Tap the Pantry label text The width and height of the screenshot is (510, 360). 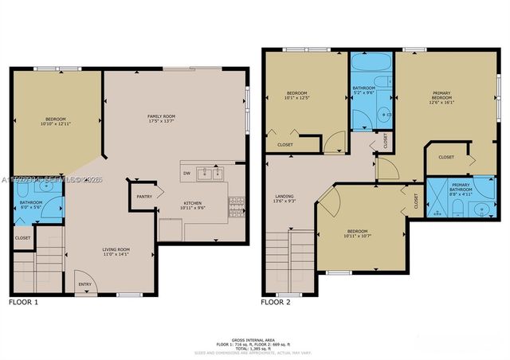(143, 196)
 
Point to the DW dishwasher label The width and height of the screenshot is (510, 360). (186, 173)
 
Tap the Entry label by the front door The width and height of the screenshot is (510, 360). (84, 284)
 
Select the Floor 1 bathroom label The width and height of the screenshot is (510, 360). (29, 205)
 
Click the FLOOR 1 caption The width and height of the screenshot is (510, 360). (23, 303)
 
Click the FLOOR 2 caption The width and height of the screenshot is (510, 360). (276, 303)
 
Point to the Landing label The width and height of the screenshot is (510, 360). (284, 198)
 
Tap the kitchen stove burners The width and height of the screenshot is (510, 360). (236, 205)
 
